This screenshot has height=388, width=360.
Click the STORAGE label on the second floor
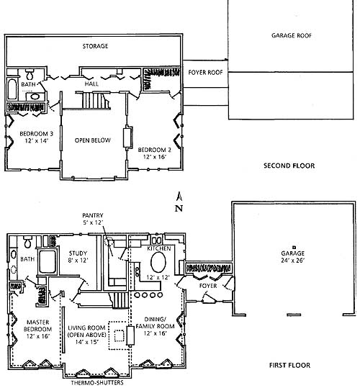click(x=95, y=46)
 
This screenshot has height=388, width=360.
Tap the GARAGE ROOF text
click(x=292, y=36)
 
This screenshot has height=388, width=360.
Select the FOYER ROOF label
click(x=205, y=73)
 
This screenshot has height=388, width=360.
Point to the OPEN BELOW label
click(x=93, y=140)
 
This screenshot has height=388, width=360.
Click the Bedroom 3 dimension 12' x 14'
click(x=37, y=141)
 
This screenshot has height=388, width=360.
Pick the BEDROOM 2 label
click(x=154, y=150)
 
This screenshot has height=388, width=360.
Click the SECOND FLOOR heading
click(x=289, y=166)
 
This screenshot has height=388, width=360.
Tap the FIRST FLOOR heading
click(x=289, y=365)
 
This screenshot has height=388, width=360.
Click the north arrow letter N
click(x=179, y=209)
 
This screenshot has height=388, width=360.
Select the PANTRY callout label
click(x=93, y=215)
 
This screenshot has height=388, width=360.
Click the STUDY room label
click(x=78, y=253)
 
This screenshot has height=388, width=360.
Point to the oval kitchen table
click(x=158, y=263)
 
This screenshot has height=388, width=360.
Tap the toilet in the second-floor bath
click(x=30, y=73)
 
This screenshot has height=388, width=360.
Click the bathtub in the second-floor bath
click(x=12, y=89)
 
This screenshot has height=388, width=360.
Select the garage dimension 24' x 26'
click(x=292, y=261)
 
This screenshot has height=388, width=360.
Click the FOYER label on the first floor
click(x=208, y=286)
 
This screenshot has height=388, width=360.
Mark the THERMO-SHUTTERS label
click(x=97, y=383)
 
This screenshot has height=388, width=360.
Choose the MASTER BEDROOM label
click(x=37, y=325)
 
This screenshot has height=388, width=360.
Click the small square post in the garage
click(x=294, y=247)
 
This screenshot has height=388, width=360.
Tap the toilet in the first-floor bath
click(x=27, y=242)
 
